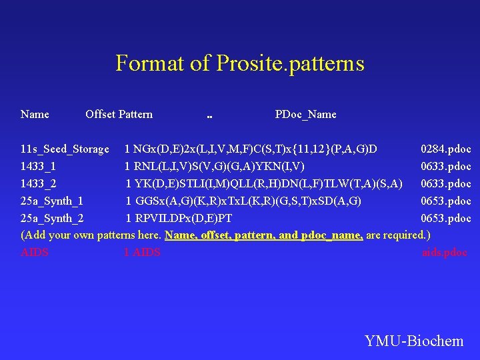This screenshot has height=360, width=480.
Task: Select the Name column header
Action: [x=35, y=114]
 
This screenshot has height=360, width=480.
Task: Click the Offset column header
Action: [x=100, y=114]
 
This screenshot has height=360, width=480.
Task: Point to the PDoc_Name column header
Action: [x=305, y=114]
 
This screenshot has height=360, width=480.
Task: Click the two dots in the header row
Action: [x=209, y=115]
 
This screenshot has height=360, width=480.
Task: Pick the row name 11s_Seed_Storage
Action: [x=65, y=149]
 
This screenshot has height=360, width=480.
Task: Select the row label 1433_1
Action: [x=38, y=166]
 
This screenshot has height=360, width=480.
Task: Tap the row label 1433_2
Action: [x=38, y=183]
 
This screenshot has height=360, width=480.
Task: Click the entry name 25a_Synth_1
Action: [x=52, y=201]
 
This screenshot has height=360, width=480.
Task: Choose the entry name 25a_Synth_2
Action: [x=52, y=218]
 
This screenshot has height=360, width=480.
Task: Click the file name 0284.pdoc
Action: [x=445, y=149]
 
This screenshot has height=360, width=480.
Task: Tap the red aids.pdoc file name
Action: [x=445, y=252]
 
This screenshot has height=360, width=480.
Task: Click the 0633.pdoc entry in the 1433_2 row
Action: [x=445, y=183]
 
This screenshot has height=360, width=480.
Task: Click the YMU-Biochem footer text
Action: [x=414, y=341]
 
